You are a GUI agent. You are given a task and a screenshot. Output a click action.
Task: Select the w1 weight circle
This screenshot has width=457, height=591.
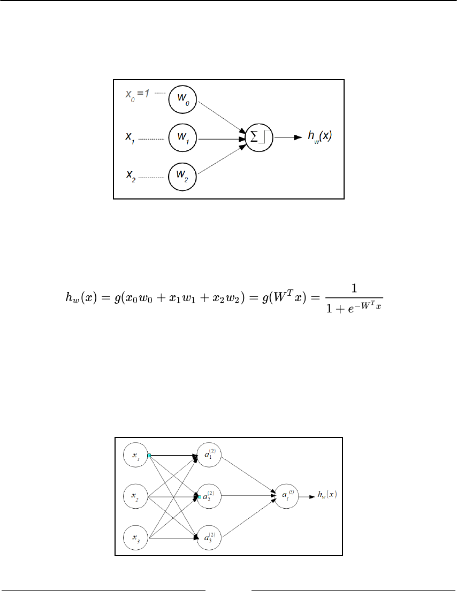pyautogui.click(x=182, y=139)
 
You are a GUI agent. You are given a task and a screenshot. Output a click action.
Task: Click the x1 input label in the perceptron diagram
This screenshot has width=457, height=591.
pyautogui.click(x=130, y=139)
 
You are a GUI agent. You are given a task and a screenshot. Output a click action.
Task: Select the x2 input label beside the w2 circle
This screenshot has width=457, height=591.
pyautogui.click(x=130, y=175)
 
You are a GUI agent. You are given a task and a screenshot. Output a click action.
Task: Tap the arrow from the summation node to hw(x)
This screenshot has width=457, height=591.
pyautogui.click(x=289, y=138)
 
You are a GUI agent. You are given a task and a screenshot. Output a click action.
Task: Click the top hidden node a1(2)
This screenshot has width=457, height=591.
pyautogui.click(x=209, y=455)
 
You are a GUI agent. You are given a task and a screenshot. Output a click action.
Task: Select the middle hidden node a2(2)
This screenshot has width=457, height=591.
pyautogui.click(x=209, y=496)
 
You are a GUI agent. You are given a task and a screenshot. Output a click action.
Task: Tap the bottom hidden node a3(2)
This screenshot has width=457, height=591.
pyautogui.click(x=209, y=538)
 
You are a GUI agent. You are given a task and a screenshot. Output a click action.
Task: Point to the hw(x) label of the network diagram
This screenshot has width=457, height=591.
pyautogui.click(x=327, y=495)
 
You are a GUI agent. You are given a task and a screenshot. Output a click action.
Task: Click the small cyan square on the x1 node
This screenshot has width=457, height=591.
pyautogui.click(x=149, y=456)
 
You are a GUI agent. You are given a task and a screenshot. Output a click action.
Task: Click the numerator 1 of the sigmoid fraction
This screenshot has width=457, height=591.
pyautogui.click(x=354, y=289)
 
